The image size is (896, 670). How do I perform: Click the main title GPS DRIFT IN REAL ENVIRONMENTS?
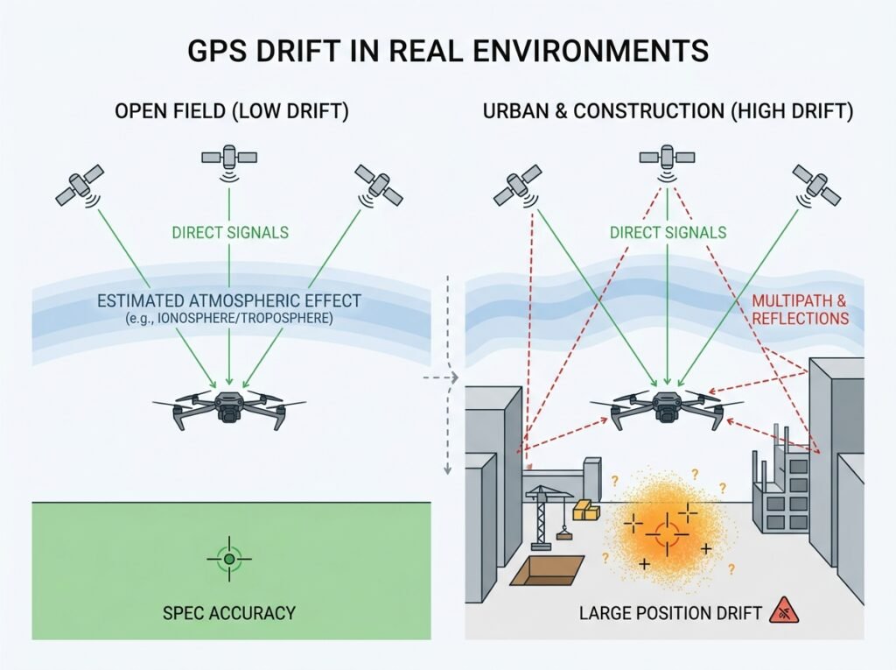click(x=448, y=50)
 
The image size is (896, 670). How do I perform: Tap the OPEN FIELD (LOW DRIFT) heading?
click(x=231, y=110)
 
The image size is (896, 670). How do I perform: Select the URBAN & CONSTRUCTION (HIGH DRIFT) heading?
click(x=668, y=110)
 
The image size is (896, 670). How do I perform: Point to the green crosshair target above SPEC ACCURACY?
click(x=229, y=559)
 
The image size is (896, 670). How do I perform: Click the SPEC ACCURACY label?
click(x=229, y=613)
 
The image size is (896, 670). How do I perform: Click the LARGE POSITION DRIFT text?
click(x=670, y=613)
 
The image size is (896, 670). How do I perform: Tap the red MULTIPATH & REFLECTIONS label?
click(x=800, y=309)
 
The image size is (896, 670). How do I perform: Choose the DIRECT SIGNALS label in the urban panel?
click(x=668, y=232)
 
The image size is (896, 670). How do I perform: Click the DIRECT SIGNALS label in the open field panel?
click(x=230, y=232)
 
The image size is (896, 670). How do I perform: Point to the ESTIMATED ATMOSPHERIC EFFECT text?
click(x=229, y=301)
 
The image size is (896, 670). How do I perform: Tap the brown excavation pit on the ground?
click(x=547, y=570)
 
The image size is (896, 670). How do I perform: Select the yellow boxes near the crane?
click(x=585, y=509)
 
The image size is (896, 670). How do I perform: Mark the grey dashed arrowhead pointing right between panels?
click(x=455, y=377)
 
